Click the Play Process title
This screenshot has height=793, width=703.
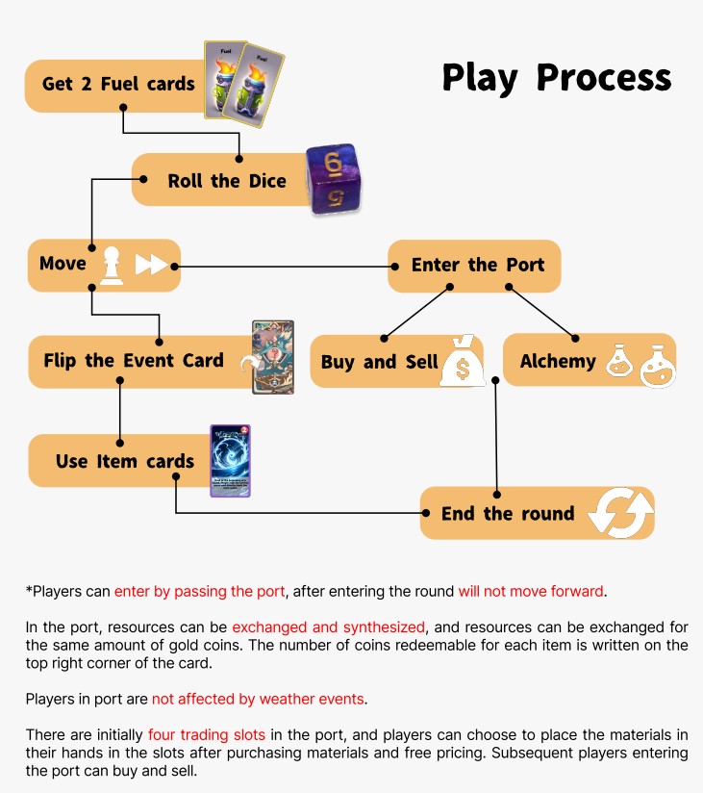pos(556,77)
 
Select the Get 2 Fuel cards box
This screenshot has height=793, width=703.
pos(118,85)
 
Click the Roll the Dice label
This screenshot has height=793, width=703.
pos(227,181)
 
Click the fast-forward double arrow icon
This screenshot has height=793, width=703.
pos(151,265)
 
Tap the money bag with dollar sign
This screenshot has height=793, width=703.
pos(462,361)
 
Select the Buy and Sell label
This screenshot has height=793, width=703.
pos(379,362)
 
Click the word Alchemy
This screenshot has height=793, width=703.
pos(558,362)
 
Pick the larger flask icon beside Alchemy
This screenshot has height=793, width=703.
pos(659,364)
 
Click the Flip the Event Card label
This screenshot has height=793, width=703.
pos(134,361)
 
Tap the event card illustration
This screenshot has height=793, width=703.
pos(272,357)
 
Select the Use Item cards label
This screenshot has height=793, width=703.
pos(125,461)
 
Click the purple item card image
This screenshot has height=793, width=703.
pos(231,461)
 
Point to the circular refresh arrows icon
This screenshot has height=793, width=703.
pos(620,512)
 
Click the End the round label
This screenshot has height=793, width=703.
pos(507,513)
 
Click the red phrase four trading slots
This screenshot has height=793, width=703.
pos(207,735)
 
